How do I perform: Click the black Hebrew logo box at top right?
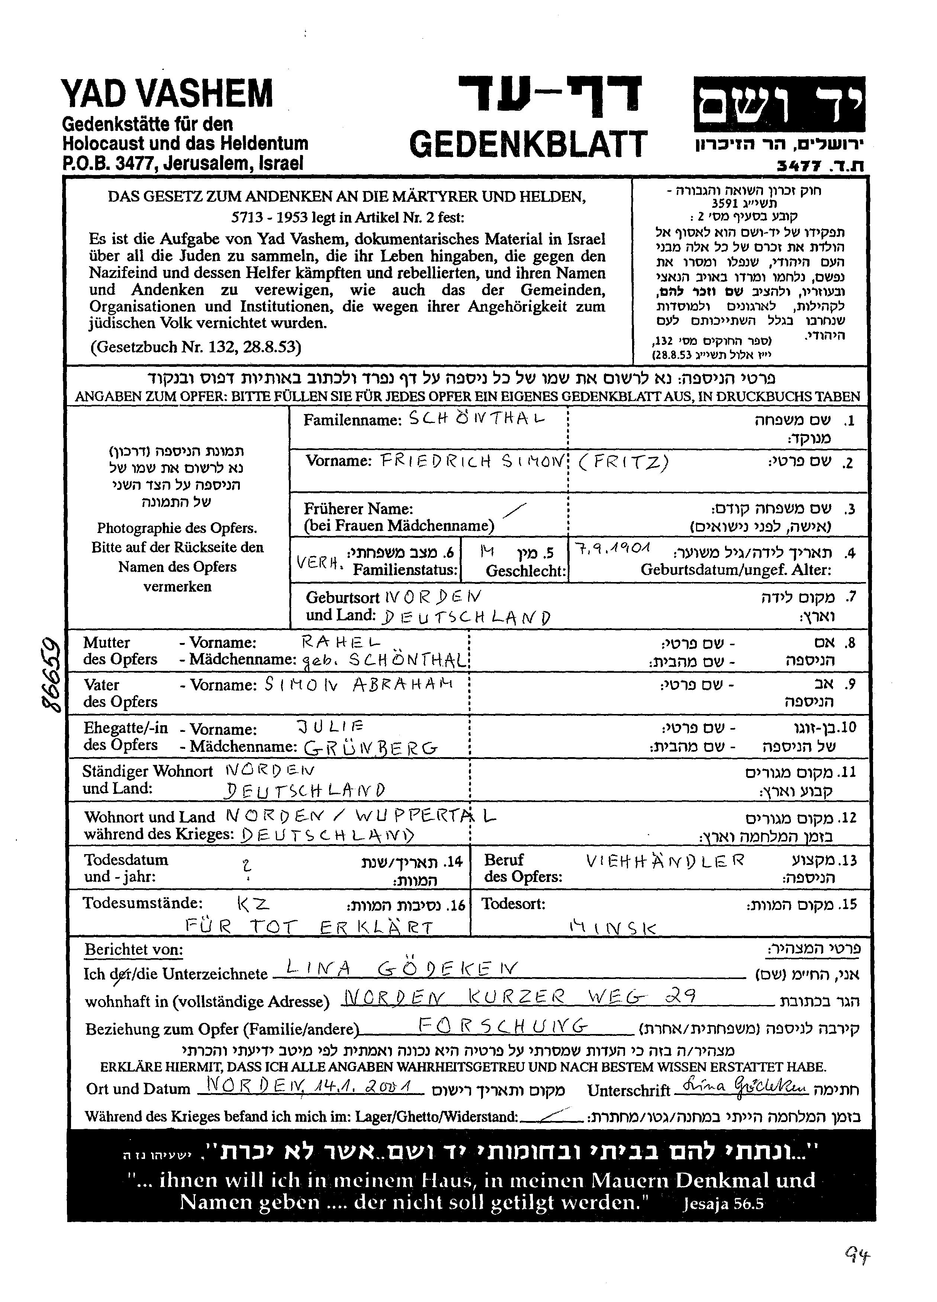pyautogui.click(x=779, y=103)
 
